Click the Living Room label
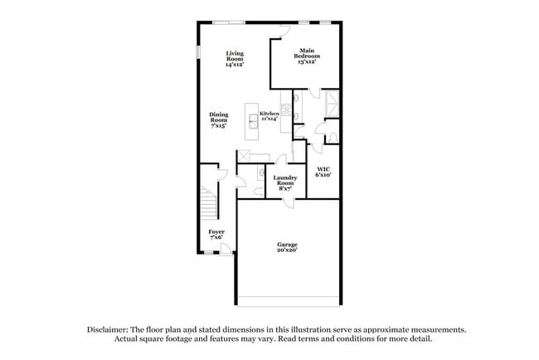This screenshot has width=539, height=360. coord(235,57)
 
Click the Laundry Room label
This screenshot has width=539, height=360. coord(284,182)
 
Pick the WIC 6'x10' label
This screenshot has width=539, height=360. coord(323,172)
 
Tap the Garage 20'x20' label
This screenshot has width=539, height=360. coord(287,247)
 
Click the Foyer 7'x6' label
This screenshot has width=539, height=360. coord(216,235)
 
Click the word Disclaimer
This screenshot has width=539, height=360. coord(114,329)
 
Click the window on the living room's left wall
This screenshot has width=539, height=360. coord(198,51)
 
